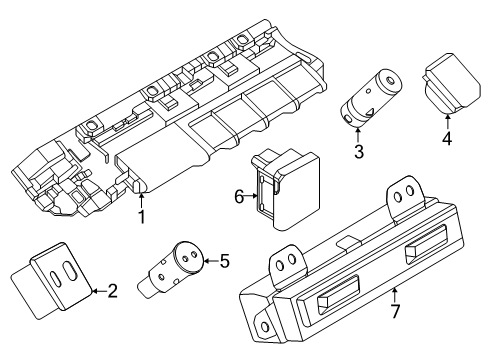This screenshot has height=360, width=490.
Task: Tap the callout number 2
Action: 113,291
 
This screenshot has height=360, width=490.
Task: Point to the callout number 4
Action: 447,140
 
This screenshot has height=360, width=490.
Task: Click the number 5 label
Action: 224,262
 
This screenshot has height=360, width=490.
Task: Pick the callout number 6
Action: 238,197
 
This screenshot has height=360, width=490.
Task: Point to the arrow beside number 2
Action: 96,291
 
